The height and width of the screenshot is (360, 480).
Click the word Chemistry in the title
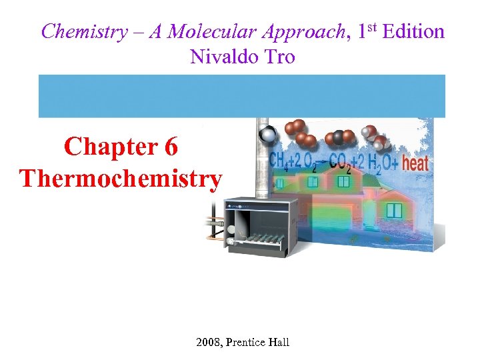[x=83, y=32]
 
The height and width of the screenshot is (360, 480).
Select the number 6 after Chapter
[x=170, y=147]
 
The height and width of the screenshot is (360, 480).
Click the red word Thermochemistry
[x=121, y=179]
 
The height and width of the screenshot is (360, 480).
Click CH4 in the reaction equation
[x=279, y=162]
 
